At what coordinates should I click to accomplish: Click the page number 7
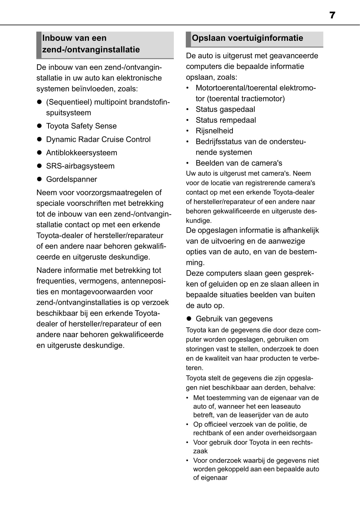click(x=332, y=15)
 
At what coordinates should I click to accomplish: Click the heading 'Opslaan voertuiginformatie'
click(x=247, y=38)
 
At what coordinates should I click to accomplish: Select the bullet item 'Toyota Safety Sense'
click(x=81, y=126)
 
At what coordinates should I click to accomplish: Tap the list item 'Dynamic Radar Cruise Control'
click(x=98, y=139)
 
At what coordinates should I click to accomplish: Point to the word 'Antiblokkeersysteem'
click(x=82, y=153)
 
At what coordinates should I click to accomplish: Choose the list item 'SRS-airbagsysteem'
click(x=80, y=166)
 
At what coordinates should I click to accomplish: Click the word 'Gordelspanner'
click(x=71, y=179)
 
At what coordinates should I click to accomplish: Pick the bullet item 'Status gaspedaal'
click(x=225, y=109)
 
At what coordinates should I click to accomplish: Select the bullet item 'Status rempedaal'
click(x=226, y=120)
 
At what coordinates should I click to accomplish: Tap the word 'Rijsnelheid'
click(x=214, y=131)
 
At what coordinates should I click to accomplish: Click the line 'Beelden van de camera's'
click(x=239, y=163)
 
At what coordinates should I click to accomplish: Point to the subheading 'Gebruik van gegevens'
click(x=234, y=319)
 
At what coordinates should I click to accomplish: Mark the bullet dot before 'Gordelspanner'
click(x=39, y=179)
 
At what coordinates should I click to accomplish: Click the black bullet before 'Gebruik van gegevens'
click(x=189, y=319)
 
